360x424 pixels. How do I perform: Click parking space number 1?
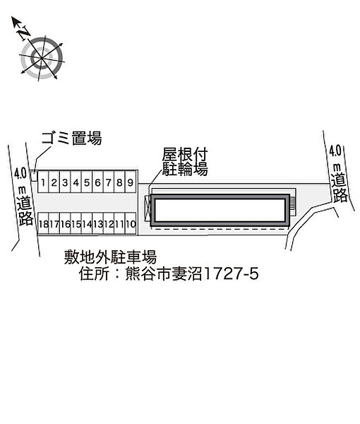[x=43, y=182]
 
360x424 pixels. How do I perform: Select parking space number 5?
[x=87, y=182]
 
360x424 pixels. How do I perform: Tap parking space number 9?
[x=131, y=182]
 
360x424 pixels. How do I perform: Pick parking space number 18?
[x=43, y=223]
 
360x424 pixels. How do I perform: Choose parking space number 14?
[x=87, y=223]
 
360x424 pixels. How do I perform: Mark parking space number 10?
[x=131, y=223]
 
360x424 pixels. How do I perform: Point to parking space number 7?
[x=109, y=182]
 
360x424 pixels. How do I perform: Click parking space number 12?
[x=109, y=223]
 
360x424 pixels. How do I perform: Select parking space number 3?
[x=65, y=182]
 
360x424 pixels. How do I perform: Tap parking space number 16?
[x=65, y=223]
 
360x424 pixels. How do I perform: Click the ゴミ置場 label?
[x=71, y=139]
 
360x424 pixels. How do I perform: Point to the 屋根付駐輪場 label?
[x=185, y=162]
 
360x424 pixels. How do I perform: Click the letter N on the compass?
[x=24, y=33]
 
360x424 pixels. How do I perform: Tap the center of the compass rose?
[x=42, y=58]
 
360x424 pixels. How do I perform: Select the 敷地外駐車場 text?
[x=110, y=257]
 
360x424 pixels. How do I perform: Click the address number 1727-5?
[x=232, y=273]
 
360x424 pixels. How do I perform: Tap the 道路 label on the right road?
[x=340, y=188]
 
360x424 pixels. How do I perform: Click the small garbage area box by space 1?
[x=33, y=176]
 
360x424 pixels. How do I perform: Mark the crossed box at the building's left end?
[x=148, y=208]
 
